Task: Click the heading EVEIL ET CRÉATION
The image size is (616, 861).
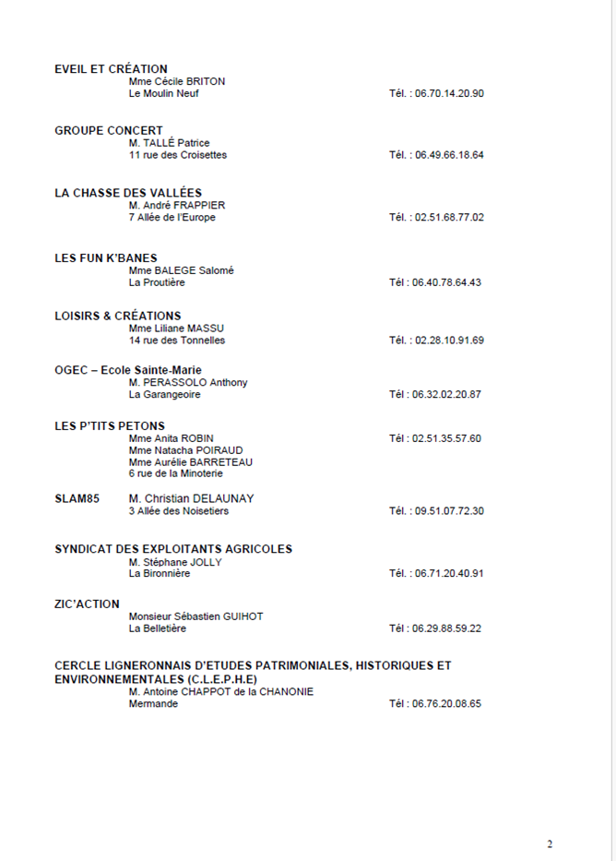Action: tap(111, 69)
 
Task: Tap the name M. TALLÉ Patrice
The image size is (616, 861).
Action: tap(170, 143)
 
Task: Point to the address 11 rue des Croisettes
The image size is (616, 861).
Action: tap(178, 155)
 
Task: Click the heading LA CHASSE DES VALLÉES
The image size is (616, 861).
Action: tap(128, 193)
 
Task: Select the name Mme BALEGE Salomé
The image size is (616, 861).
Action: tap(182, 270)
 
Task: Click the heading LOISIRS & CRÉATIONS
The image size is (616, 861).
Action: tap(118, 316)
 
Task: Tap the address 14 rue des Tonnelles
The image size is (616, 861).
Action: tap(177, 341)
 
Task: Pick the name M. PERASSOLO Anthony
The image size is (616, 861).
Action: tap(188, 382)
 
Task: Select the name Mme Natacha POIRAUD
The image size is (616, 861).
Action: tap(186, 450)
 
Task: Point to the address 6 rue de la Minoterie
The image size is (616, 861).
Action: tap(176, 473)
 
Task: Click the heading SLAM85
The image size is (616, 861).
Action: tap(77, 498)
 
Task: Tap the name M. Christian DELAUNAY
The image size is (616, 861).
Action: tap(192, 498)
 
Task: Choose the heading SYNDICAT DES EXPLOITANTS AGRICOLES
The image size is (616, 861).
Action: tap(173, 549)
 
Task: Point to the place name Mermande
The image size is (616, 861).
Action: tap(154, 703)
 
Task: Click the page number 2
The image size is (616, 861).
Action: tap(550, 843)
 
